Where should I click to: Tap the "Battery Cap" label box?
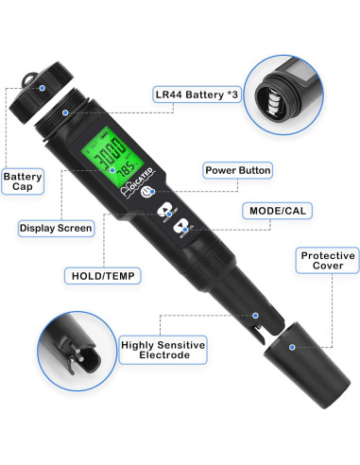tap(24, 182)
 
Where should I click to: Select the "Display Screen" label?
tap(56, 227)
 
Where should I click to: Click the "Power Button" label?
tap(237, 170)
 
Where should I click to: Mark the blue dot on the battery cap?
tap(65, 112)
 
